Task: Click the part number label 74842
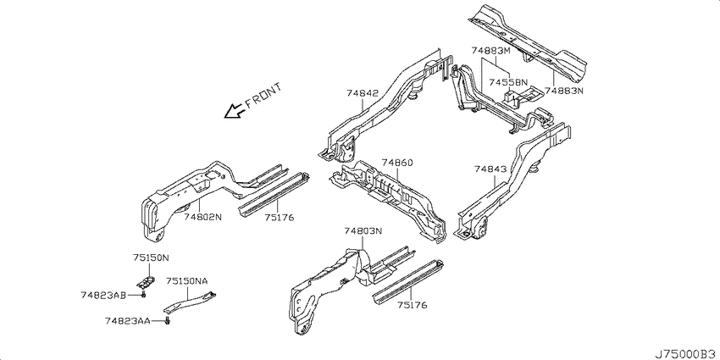coord(363,93)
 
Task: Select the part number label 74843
coord(490,169)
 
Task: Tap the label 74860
coord(397,163)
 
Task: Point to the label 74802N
coord(203,217)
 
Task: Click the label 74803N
coord(363,230)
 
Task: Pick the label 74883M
coord(490,51)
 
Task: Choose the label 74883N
coord(564,91)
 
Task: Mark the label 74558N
coord(508,82)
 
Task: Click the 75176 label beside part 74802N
coord(279,217)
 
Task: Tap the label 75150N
coord(151,258)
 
